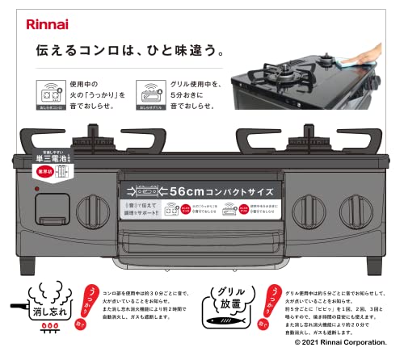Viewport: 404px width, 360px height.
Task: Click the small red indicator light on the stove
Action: coord(36,190)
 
